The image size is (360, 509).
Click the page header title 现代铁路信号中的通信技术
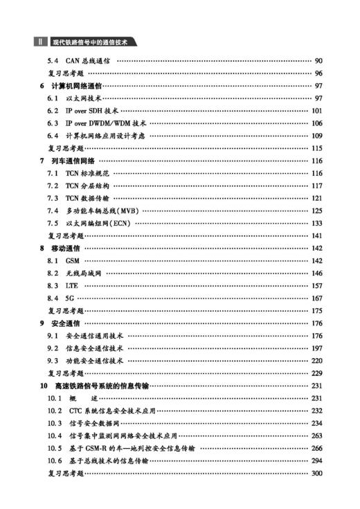[x=91, y=43]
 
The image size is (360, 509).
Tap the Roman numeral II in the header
[x=39, y=43]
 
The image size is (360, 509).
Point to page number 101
[x=317, y=111]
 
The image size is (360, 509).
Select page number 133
[x=317, y=224]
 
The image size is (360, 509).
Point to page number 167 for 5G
[x=317, y=298]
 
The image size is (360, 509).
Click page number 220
[x=317, y=360]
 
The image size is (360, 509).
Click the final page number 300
[x=317, y=473]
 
